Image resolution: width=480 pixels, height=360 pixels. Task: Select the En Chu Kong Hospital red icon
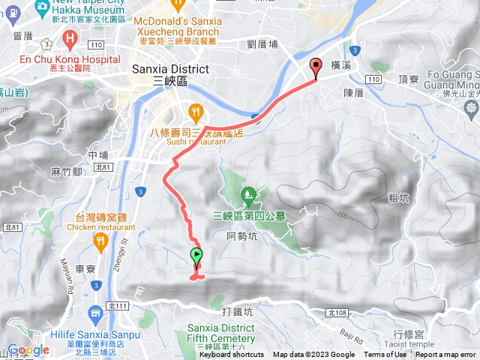coord(70,37)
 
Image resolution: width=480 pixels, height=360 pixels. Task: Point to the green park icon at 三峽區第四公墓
coord(248,197)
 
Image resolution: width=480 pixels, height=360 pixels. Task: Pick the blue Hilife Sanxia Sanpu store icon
coord(95,313)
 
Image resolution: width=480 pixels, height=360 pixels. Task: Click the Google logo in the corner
coord(28,350)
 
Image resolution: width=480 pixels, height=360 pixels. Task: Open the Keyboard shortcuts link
coord(231,355)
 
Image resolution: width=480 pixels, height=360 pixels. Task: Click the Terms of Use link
coord(385,355)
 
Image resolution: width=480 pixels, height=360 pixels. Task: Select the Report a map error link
coord(446,355)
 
